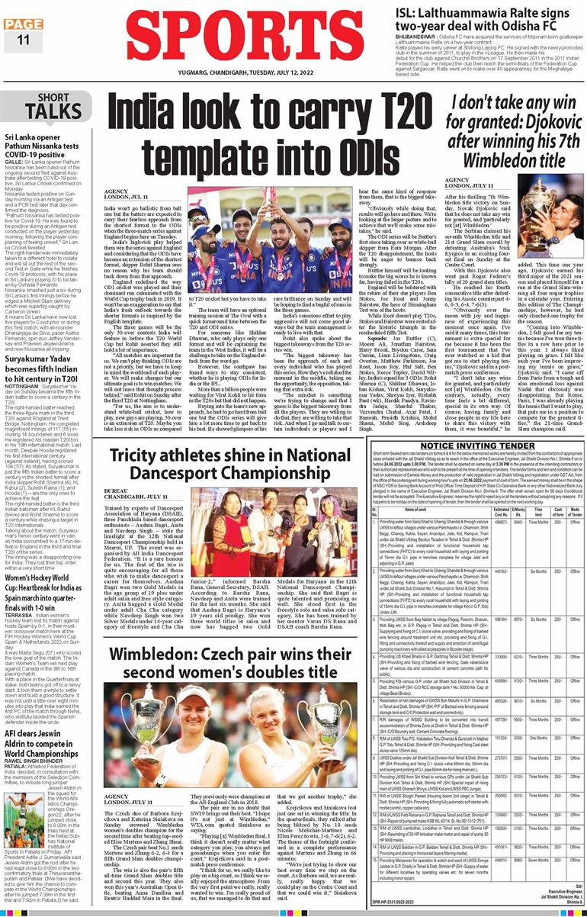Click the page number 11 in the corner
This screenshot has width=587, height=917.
[x=22, y=40]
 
